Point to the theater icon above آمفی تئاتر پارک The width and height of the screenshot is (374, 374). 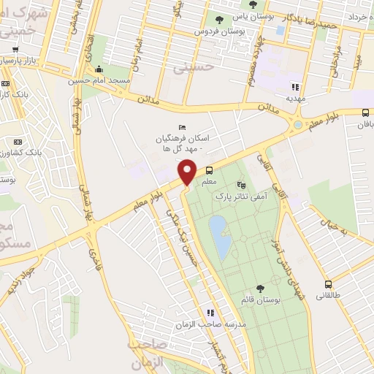point(242,185)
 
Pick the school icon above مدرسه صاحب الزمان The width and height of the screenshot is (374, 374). point(210,313)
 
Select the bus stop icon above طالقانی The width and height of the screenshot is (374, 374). point(328,284)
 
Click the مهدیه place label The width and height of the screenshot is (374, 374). point(295,96)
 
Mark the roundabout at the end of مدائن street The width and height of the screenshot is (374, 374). point(298,126)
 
